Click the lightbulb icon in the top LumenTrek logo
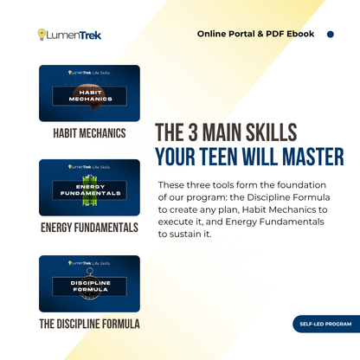pyautogui.click(x=42, y=35)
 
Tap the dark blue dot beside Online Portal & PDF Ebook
pyautogui.click(x=330, y=35)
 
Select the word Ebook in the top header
pyautogui.click(x=299, y=35)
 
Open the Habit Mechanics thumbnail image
pyautogui.click(x=89, y=93)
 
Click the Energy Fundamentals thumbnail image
pyautogui.click(x=89, y=187)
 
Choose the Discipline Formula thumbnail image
pyautogui.click(x=89, y=282)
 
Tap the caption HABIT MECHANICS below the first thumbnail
pyautogui.click(x=89, y=133)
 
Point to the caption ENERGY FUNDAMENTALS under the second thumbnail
pyautogui.click(x=89, y=228)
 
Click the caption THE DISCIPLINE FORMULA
pyautogui.click(x=89, y=324)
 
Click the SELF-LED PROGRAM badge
pyautogui.click(x=326, y=325)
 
